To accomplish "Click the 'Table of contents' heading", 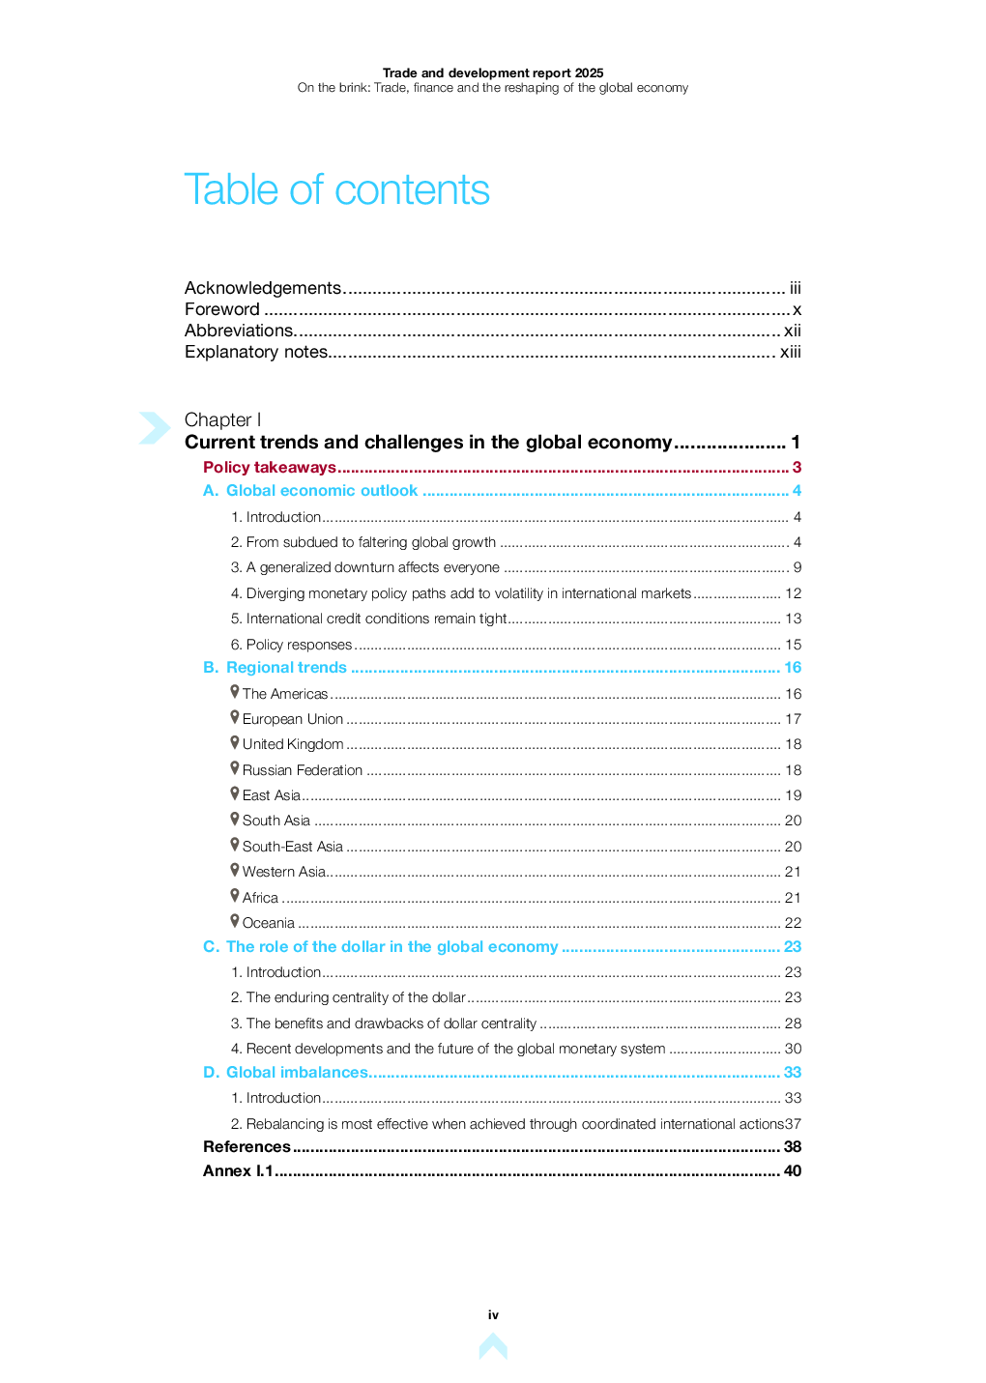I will pos(336,189).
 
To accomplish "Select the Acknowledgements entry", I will pos(263,288).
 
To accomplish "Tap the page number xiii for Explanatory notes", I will pos(791,352).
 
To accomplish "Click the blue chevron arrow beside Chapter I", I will pos(154,427).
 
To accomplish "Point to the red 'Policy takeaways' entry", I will pos(270,468).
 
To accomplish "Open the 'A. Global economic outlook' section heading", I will pos(310,491).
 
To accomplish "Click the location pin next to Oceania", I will pos(235,921).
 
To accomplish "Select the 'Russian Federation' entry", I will pos(302,770).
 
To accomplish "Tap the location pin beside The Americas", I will pos(235,691).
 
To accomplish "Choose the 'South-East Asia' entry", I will pos(292,847).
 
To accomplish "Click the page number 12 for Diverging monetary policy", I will pos(794,593).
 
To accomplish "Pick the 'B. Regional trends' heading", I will pos(275,668).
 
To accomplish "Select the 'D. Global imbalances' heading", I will pos(285,1073).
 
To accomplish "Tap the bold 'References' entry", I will pos(246,1147).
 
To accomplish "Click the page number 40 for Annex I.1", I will pos(793,1171).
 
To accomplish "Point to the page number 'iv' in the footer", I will pos(493,1315).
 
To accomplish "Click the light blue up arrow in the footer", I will pos(493,1346).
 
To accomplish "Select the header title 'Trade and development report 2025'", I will pos(493,72).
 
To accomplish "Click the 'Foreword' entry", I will pos(222,309).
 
